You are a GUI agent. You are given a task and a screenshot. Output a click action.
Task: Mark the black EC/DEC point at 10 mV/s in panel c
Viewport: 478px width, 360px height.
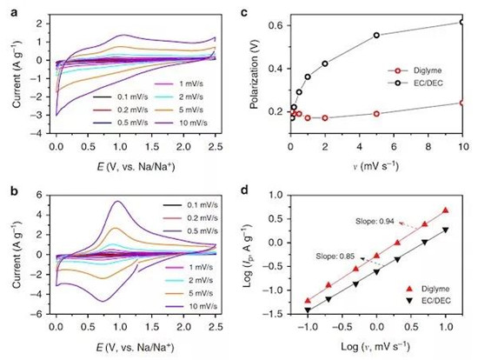[461, 22]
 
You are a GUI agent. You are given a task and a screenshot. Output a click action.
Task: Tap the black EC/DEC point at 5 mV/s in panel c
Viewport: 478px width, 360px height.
[376, 36]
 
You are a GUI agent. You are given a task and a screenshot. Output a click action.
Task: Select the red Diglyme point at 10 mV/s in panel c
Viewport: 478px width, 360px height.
[461, 103]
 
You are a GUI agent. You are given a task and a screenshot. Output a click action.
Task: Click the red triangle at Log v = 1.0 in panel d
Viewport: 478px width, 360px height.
[447, 210]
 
